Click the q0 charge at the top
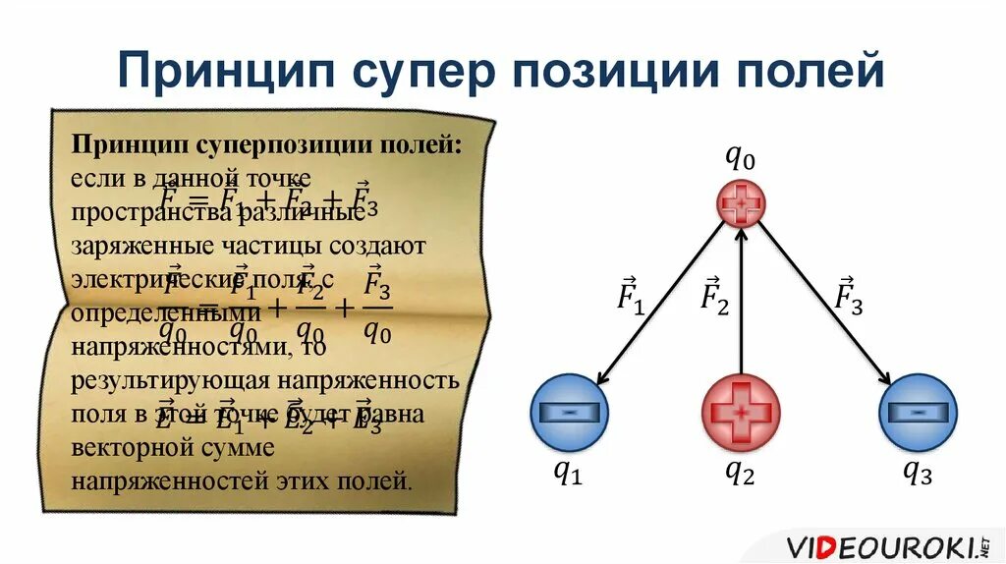(x=741, y=204)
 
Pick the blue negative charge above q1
(x=570, y=413)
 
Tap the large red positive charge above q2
(x=741, y=413)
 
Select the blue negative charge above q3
(x=916, y=413)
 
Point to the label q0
(x=740, y=155)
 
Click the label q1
(x=568, y=473)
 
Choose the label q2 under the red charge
(x=740, y=473)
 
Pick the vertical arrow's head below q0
(x=741, y=236)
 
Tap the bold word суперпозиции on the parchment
(x=286, y=145)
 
